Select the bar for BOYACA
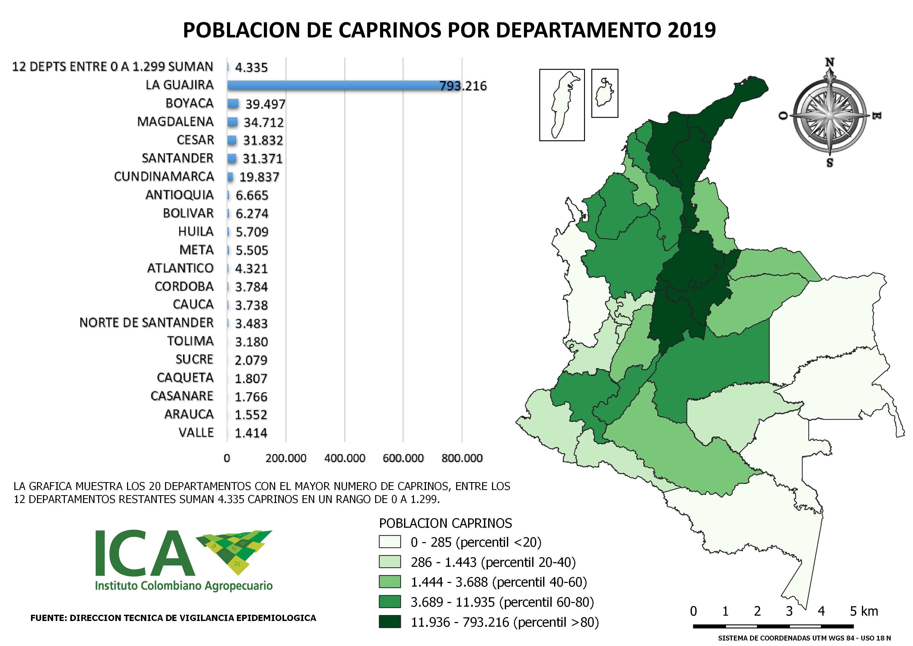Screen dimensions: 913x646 pos(233,103)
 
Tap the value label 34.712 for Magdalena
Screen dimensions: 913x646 pos(264,122)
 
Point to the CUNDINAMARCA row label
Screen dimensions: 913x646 pos(164,176)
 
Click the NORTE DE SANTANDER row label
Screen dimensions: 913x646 pos(146,322)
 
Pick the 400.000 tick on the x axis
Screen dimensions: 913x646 pos(344,458)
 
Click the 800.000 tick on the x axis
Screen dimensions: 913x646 pos(462,458)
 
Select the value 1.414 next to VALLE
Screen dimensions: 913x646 pos(251,433)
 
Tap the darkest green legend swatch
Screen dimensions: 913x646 pos(390,622)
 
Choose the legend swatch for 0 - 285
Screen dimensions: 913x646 pos(390,542)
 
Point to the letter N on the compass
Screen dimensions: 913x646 pos(829,63)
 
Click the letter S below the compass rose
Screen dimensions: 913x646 pos(829,163)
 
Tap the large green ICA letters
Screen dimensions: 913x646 pos(145,553)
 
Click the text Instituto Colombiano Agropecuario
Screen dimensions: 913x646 pos(184,586)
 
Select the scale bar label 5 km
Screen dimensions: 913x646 pos(864,611)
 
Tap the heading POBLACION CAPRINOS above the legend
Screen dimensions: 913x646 pos(445,523)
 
